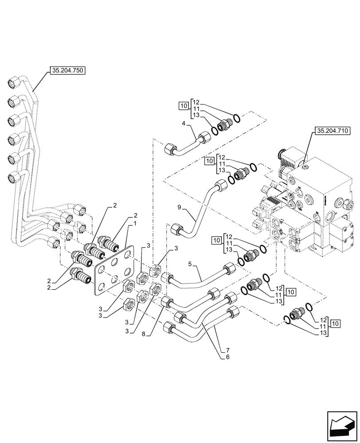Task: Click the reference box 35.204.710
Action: tap(332, 131)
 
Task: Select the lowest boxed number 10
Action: tap(335, 323)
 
